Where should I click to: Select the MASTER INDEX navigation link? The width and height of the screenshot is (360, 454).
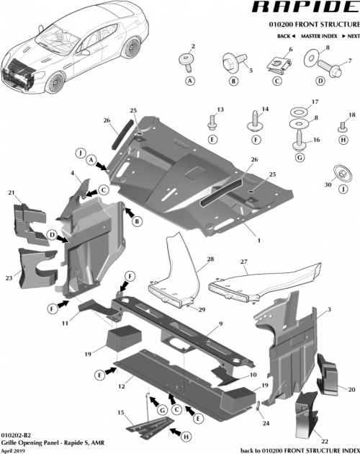(320, 35)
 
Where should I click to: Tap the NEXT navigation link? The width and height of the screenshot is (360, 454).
(352, 35)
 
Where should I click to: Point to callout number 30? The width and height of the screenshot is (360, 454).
(328, 184)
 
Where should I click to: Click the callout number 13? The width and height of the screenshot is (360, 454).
(220, 109)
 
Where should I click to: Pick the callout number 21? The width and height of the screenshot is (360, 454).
(11, 192)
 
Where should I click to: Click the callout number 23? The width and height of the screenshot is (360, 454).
(9, 277)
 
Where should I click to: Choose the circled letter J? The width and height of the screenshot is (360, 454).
(81, 152)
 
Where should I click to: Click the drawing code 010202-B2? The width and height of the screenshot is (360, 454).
(16, 435)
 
